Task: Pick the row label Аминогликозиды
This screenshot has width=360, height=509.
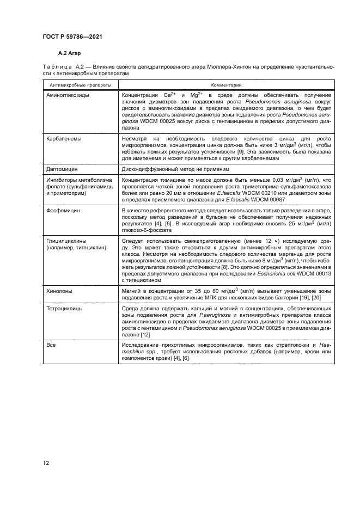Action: (69, 95)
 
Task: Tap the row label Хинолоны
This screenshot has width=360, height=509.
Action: (60, 291)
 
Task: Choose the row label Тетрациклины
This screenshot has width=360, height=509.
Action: (65, 308)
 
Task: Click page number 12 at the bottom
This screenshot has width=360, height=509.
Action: (47, 463)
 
